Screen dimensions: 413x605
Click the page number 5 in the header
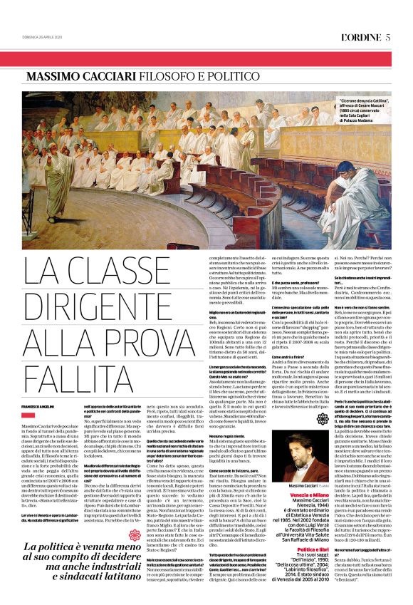pyautogui.click(x=388, y=38)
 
